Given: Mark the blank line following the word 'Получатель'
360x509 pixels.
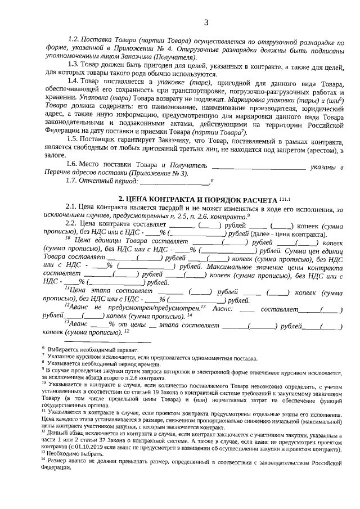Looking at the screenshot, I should tap(259, 166).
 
